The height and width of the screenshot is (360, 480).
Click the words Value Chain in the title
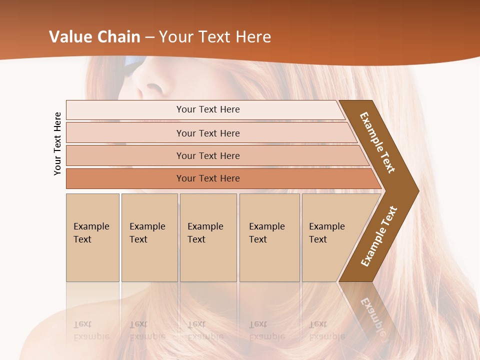pos(94,37)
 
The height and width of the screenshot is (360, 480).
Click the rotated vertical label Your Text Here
pos(58,143)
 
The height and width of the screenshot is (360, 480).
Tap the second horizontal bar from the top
pos(208,133)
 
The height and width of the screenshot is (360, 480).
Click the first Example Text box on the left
pos(92,237)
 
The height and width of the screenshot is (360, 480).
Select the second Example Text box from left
pos(149,237)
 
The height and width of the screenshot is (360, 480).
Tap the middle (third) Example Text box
pos(208,237)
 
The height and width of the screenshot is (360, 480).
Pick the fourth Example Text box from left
pos(269,237)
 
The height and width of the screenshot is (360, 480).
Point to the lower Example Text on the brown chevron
pos(378,236)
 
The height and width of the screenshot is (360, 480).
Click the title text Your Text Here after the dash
pos(215,37)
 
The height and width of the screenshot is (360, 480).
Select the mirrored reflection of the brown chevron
pos(370,310)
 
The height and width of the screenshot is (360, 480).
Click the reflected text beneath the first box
pos(91,330)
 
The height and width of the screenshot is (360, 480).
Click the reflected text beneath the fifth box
pos(326,330)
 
